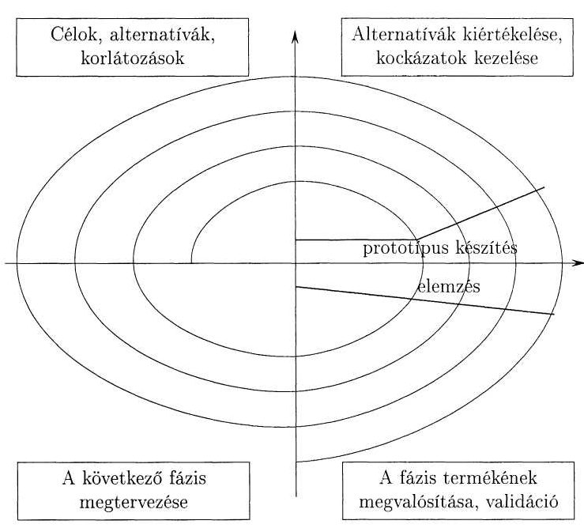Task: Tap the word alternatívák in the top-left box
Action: [x=162, y=36]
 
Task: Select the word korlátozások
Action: [x=133, y=58]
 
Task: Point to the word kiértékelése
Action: [x=513, y=35]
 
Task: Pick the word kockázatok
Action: [x=421, y=58]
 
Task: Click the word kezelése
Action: [x=507, y=58]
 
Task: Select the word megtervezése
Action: [x=134, y=503]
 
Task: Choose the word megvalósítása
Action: [x=419, y=502]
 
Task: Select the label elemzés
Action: [x=449, y=287]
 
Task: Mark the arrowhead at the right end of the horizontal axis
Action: [x=578, y=263]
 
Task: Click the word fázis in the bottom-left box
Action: [x=187, y=478]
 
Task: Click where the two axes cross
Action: [x=296, y=263]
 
